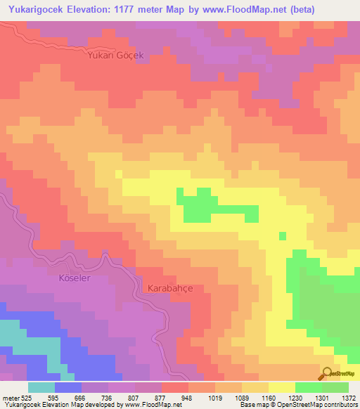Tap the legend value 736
(x=109, y=397)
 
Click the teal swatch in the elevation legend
(x=41, y=387)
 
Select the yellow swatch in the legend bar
(x=282, y=387)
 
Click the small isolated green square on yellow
(x=283, y=236)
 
